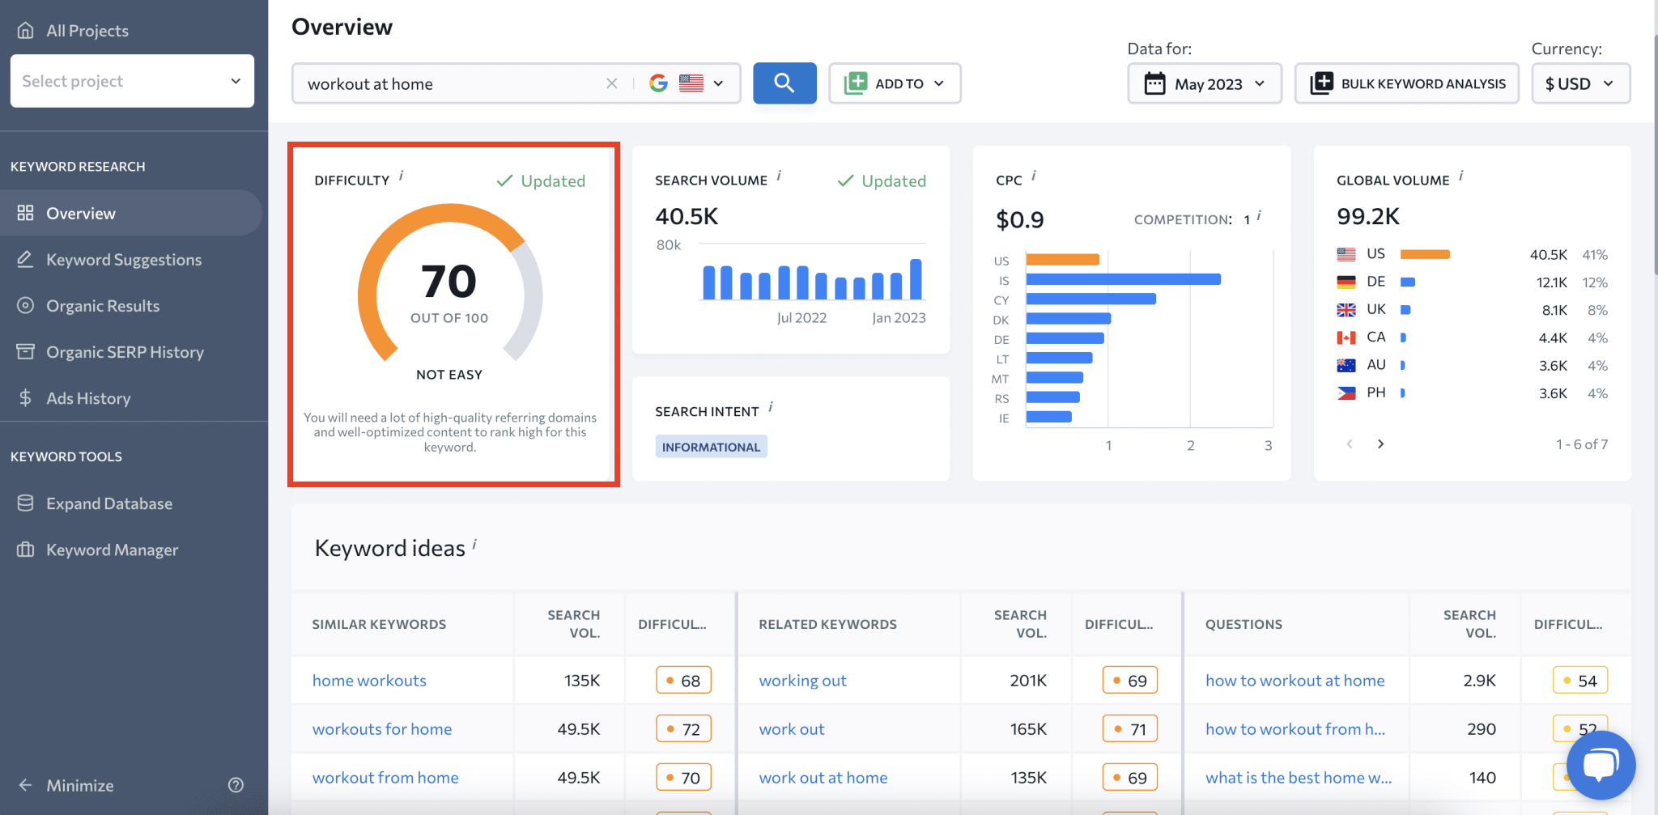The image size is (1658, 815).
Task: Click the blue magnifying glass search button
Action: click(x=784, y=83)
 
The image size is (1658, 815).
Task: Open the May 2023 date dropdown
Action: click(x=1204, y=83)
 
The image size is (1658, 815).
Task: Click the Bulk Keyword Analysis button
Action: click(x=1407, y=83)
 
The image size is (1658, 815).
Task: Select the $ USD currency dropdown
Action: click(x=1579, y=83)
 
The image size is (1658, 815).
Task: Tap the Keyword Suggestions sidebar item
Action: click(x=123, y=260)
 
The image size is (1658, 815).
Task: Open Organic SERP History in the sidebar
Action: click(x=125, y=352)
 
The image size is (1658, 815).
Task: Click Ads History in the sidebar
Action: click(x=87, y=398)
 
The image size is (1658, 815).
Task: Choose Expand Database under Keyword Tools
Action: click(x=108, y=503)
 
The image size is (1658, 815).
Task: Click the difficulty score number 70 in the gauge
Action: click(x=449, y=282)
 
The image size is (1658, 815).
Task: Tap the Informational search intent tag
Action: click(x=711, y=447)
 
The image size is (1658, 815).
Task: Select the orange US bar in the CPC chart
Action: click(x=1062, y=260)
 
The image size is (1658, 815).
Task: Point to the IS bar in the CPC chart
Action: click(x=1123, y=279)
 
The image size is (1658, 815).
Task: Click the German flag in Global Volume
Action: click(x=1346, y=282)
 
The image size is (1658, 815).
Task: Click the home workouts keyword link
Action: click(x=369, y=681)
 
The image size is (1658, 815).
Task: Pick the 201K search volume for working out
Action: click(x=1027, y=681)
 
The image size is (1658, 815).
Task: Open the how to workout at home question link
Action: click(x=1295, y=681)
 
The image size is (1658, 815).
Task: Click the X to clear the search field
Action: click(x=612, y=83)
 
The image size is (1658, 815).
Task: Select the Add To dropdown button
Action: click(x=895, y=83)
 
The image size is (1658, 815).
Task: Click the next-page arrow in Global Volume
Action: click(x=1380, y=444)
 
